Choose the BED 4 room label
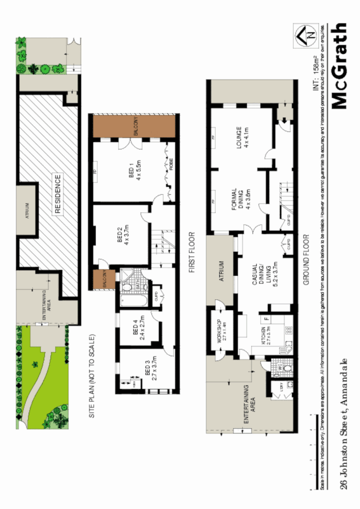139,329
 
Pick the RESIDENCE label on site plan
57,194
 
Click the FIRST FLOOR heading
191,253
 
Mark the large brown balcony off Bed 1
133,125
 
